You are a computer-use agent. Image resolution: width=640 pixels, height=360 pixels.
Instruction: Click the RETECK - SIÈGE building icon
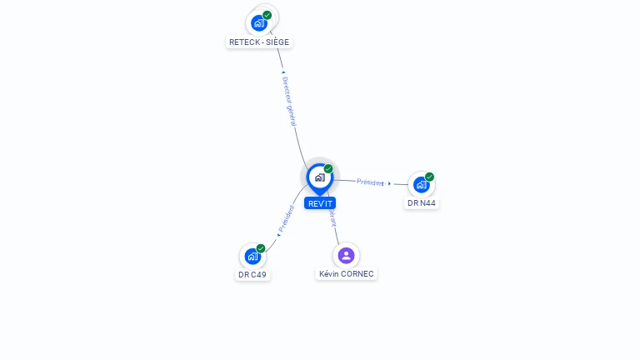click(x=259, y=23)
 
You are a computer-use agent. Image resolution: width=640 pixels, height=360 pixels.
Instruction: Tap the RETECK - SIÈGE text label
click(x=259, y=42)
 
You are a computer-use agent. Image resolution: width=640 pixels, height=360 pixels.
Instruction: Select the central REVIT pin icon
click(x=319, y=177)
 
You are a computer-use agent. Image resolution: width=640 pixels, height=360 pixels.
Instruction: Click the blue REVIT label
click(x=320, y=203)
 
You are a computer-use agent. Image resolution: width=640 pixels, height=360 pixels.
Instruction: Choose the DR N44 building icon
click(x=421, y=184)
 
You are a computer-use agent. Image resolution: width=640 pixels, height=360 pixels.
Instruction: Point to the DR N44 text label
click(x=422, y=202)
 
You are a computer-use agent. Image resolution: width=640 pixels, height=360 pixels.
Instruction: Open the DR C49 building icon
click(x=252, y=257)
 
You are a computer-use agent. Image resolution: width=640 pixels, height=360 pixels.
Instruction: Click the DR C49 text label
click(x=252, y=274)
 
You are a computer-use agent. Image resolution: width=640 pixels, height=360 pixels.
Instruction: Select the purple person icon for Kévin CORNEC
click(x=346, y=255)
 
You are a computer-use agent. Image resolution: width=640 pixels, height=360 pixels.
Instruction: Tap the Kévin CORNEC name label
click(x=347, y=273)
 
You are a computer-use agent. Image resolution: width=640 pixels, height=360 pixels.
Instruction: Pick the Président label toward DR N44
click(x=370, y=182)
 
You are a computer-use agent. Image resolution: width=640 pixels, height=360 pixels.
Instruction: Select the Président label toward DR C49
click(x=287, y=218)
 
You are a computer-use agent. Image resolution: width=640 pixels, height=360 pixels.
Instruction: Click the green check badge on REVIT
click(x=328, y=169)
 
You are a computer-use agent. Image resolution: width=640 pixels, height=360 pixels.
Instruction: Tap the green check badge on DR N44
click(x=429, y=177)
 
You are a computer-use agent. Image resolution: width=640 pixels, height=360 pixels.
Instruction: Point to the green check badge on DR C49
click(x=261, y=248)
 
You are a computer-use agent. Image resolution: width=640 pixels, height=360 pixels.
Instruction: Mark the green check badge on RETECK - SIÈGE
click(x=267, y=15)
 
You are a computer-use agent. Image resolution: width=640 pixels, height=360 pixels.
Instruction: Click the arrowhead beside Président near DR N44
click(x=389, y=183)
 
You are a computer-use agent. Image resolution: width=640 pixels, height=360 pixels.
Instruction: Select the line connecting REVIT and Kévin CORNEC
click(x=336, y=229)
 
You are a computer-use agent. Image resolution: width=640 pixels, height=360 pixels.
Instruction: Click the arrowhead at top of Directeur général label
click(x=283, y=72)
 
